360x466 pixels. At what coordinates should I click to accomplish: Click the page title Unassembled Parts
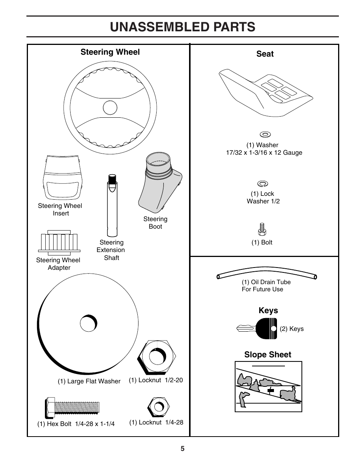[x=183, y=27]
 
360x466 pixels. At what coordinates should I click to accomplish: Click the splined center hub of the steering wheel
[x=110, y=109]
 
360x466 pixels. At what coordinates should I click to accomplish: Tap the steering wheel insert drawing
[x=62, y=177]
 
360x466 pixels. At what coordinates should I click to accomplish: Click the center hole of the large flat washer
[x=89, y=323]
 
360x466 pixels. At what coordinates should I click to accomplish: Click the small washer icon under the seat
[x=265, y=134]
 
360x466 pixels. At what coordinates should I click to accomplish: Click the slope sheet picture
[x=268, y=386]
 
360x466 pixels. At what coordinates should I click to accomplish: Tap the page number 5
[x=183, y=449]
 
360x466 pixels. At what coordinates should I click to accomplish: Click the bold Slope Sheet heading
[x=268, y=355]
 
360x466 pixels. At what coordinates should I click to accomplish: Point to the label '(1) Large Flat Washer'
[x=89, y=381]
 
